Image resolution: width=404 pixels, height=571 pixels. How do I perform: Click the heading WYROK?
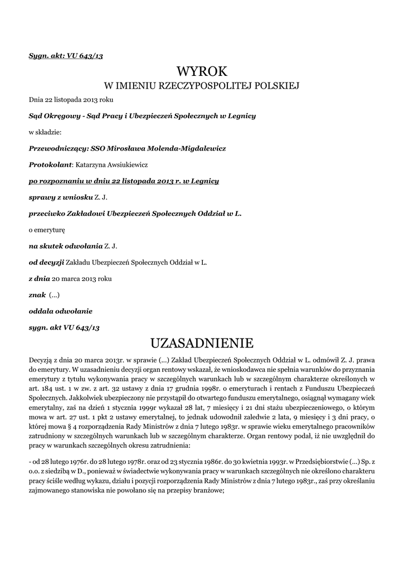click(202, 71)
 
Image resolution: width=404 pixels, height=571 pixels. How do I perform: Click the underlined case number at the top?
click(66, 56)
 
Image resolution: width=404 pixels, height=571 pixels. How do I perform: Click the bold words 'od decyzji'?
click(46, 262)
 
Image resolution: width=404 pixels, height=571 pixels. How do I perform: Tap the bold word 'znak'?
click(37, 294)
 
